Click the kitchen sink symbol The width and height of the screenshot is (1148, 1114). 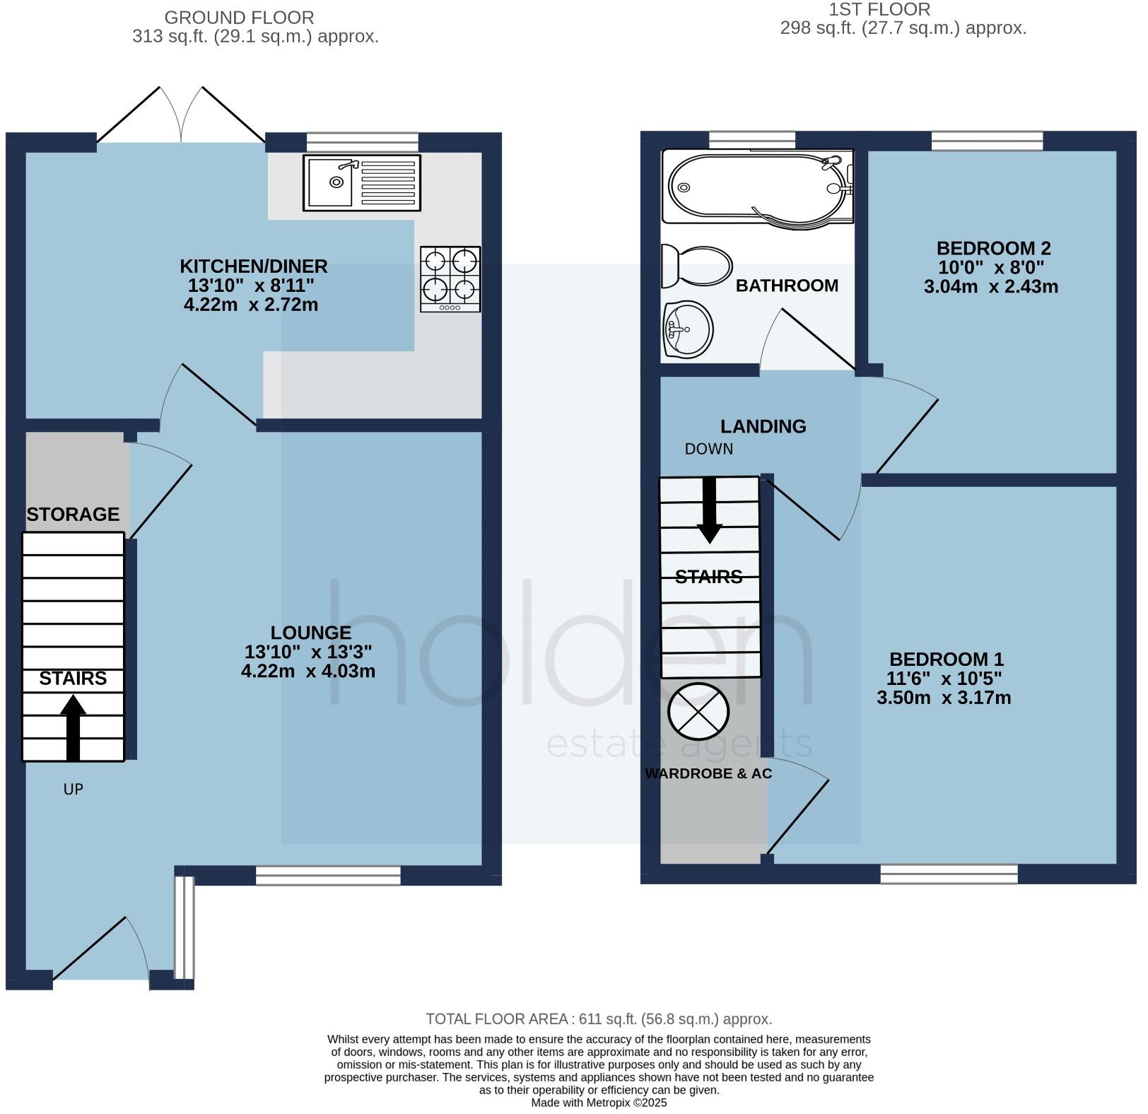pyautogui.click(x=361, y=183)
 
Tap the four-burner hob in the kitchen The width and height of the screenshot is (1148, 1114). pyautogui.click(x=450, y=278)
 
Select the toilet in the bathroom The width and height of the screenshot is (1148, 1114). pyautogui.click(x=696, y=266)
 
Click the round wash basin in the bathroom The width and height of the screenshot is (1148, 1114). pyautogui.click(x=688, y=329)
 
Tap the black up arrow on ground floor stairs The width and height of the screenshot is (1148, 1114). pyautogui.click(x=73, y=727)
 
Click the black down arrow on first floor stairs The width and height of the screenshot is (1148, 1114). pyautogui.click(x=709, y=510)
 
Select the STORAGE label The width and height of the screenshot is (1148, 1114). pyautogui.click(x=73, y=514)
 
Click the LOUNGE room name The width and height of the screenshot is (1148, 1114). pyautogui.click(x=310, y=633)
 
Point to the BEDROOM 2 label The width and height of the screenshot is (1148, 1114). pyautogui.click(x=993, y=248)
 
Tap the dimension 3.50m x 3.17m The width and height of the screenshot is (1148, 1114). pyautogui.click(x=944, y=698)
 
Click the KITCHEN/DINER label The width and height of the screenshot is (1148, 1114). pyautogui.click(x=253, y=266)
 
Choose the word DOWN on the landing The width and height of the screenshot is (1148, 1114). pyautogui.click(x=708, y=449)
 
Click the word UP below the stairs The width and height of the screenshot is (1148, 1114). pyautogui.click(x=73, y=789)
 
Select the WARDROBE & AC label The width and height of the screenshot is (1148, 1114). pyautogui.click(x=708, y=773)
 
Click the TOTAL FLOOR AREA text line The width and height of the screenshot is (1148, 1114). pyautogui.click(x=598, y=1019)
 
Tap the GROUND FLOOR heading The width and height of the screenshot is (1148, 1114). pyautogui.click(x=239, y=18)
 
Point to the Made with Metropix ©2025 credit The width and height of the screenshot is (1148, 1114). pyautogui.click(x=598, y=1102)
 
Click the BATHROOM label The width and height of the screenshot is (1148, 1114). pyautogui.click(x=787, y=286)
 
